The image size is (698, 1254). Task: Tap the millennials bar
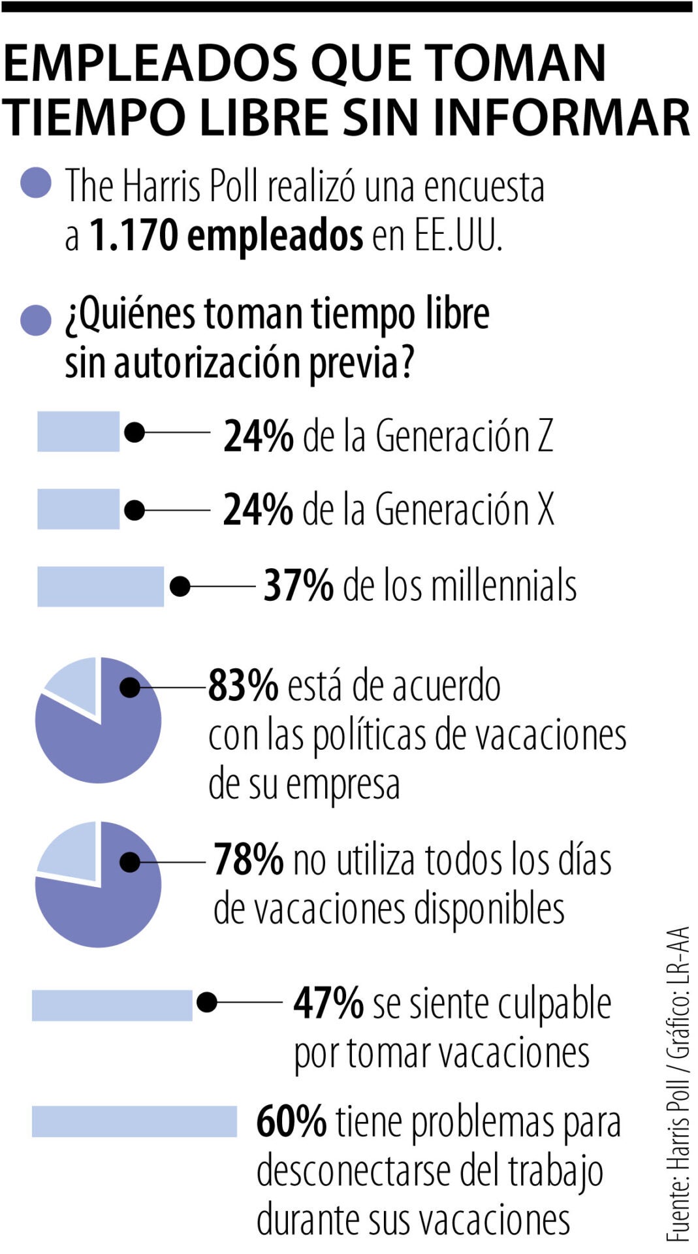click(100, 587)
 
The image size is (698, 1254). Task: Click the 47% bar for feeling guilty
click(112, 1005)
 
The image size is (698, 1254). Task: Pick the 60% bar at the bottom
click(134, 1121)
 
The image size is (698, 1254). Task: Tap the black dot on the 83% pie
click(131, 687)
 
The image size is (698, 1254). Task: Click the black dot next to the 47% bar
click(207, 1003)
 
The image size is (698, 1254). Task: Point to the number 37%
click(298, 585)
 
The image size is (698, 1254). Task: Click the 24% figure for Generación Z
click(258, 436)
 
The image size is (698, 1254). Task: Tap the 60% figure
click(291, 1121)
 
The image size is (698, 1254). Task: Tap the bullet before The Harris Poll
click(36, 183)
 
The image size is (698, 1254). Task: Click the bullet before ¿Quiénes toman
click(36, 320)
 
